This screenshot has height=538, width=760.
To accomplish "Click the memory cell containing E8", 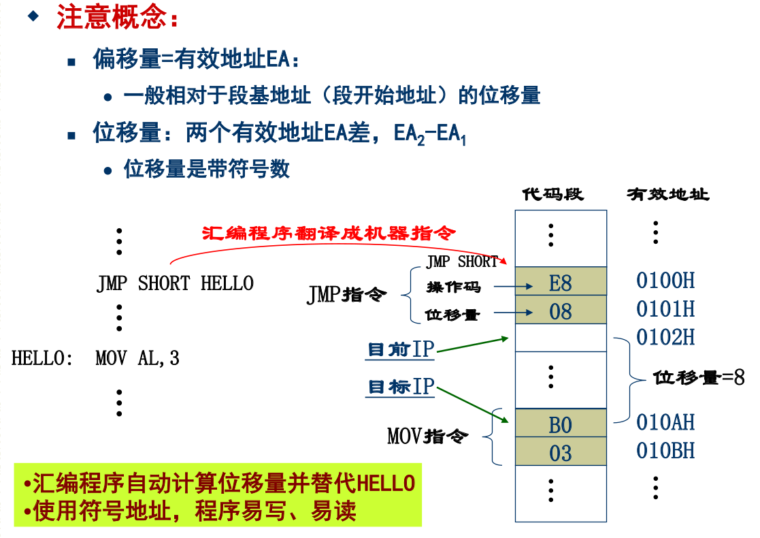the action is click(561, 281).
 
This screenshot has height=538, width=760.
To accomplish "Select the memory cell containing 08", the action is click(561, 309).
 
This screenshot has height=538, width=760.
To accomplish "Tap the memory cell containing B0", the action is click(561, 423).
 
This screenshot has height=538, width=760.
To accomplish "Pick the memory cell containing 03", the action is click(561, 452).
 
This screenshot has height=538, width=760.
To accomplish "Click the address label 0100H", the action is click(665, 281).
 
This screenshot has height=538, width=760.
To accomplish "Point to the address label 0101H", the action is click(665, 309).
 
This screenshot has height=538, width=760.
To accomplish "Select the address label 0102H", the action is click(665, 337).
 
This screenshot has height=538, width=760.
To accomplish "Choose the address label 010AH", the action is click(665, 422).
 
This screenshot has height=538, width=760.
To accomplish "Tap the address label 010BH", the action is click(665, 451).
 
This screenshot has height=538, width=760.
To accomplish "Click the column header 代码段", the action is click(553, 195).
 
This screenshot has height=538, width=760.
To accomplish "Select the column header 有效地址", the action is click(668, 195).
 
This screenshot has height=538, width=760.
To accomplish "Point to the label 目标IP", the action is click(401, 387).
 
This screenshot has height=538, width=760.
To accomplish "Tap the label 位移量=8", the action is click(699, 377).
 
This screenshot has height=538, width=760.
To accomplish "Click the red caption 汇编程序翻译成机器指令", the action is click(329, 234).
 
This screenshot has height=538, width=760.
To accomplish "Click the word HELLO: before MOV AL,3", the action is click(42, 358).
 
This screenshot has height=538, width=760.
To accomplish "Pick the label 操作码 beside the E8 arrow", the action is click(454, 287).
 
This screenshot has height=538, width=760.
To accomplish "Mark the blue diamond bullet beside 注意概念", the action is click(33, 16).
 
